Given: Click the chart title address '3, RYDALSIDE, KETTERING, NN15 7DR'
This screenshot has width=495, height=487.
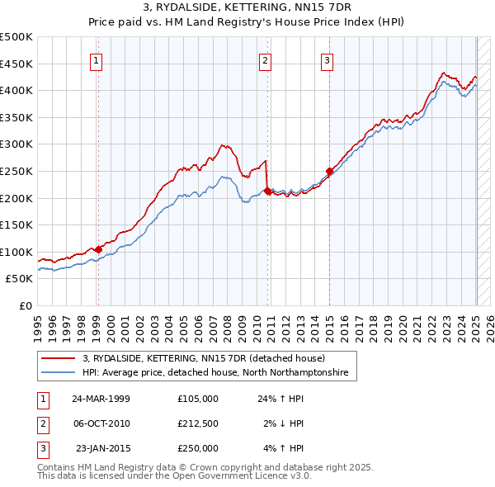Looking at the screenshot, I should coord(247,8).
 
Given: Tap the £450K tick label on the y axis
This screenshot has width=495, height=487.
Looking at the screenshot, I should coord(16,64).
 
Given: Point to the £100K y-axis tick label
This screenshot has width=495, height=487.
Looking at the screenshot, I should coord(16,252).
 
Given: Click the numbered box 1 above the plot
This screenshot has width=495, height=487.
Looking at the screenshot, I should coord(97,59).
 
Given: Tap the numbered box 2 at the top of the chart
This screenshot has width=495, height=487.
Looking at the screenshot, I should coord(266,59).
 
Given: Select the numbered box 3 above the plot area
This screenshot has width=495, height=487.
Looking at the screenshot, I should coord(328,59).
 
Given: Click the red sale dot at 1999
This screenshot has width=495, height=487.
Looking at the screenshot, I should coord(98,248).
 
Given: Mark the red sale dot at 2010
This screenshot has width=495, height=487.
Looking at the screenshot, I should coord(267,191).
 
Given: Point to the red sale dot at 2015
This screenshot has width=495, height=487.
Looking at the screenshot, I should coord(329,171).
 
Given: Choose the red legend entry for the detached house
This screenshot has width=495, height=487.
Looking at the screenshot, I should coord(204,359).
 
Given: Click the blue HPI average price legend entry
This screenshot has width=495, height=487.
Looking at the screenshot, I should coord(215,373).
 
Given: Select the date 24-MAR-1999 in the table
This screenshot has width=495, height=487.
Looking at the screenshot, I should coord(101,398).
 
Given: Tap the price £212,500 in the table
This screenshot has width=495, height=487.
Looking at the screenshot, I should coord(198,423).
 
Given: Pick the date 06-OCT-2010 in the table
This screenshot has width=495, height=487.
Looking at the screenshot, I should coord(101,423).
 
